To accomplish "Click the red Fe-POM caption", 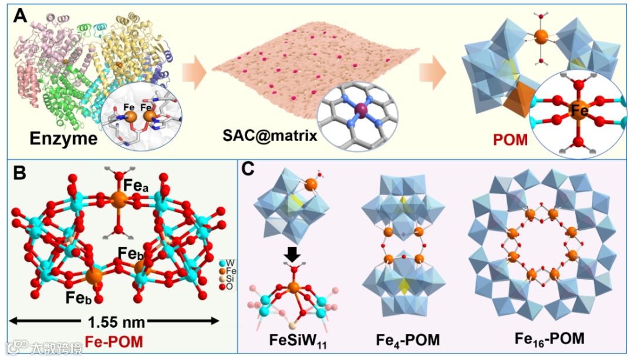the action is tap(115, 340).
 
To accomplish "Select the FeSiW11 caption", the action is tap(291, 339).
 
